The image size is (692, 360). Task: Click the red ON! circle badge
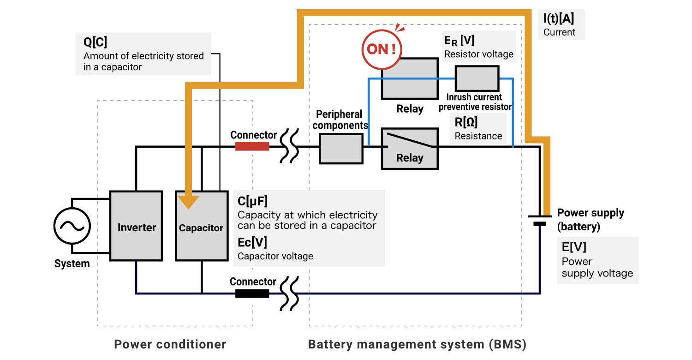(382, 49)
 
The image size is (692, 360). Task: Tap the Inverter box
(136, 226)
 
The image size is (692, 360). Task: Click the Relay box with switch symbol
(410, 148)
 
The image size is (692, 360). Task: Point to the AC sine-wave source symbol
(72, 226)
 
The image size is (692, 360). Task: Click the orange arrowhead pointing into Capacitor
(188, 202)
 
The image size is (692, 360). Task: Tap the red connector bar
(252, 146)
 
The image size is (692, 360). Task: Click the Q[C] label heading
(95, 42)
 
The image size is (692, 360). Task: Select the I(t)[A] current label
(559, 19)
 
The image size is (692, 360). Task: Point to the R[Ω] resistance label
(466, 122)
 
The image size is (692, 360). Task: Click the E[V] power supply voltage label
(574, 247)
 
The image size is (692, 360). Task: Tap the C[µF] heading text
(252, 201)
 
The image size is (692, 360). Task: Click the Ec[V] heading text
(252, 242)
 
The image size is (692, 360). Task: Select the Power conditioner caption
(170, 344)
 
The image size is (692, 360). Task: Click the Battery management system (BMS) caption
(417, 344)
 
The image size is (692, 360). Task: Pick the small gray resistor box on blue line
(477, 78)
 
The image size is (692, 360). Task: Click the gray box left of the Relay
(341, 149)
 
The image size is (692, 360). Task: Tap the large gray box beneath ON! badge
(410, 78)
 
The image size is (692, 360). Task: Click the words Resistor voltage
(478, 54)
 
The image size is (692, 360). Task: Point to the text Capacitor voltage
(275, 256)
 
